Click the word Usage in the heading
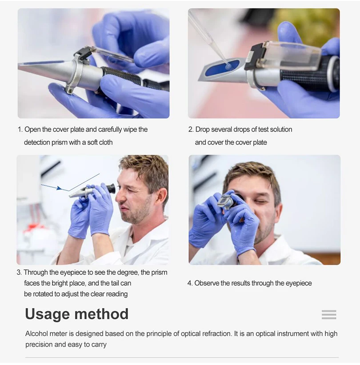coord(47,314)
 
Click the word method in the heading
coord(101,314)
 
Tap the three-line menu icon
coord(329,314)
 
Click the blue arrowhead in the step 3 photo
coord(60,188)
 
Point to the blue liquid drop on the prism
coord(228,67)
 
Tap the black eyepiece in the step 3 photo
coord(111,189)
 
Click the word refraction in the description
coord(217,333)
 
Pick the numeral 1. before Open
coord(20,129)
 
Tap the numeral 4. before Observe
coord(190,283)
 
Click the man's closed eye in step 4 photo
coord(260,201)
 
